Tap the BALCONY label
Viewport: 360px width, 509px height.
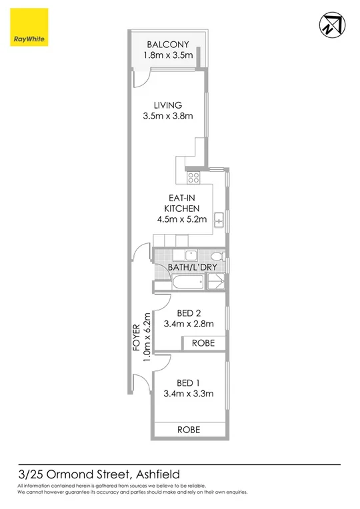pos(169,45)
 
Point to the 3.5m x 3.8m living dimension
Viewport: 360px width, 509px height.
pos(168,116)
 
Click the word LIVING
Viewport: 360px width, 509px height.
pos(168,105)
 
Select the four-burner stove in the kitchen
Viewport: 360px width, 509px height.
pos(193,177)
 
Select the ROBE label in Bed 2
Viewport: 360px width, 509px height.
pos(203,343)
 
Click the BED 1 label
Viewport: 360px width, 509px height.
pos(188,382)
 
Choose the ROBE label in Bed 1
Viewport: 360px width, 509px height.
pos(189,430)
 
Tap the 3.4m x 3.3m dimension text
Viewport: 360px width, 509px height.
pos(188,394)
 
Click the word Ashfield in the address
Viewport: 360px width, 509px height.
pos(161,474)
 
